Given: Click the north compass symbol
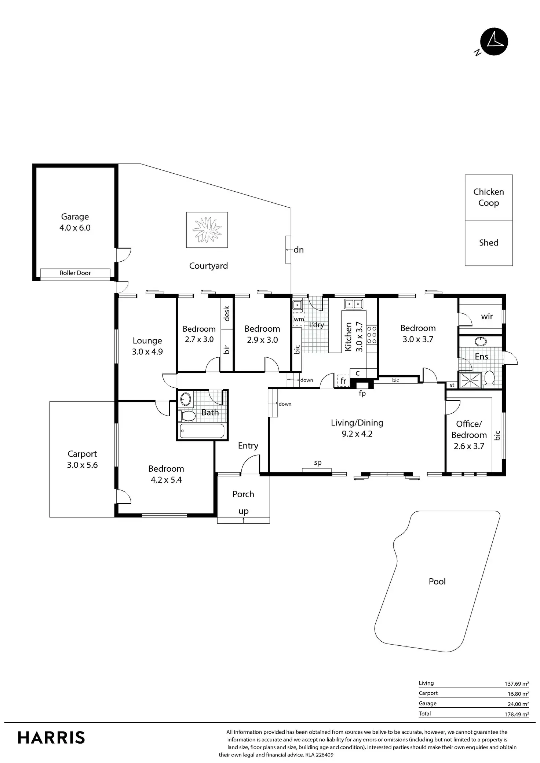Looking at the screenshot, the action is pos(494,42).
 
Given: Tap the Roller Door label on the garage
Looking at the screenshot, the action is pos(75,273).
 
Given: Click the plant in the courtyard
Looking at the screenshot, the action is pos(207,230).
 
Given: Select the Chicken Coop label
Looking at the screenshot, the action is pos(489,197).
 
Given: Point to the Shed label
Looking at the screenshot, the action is pos(489,243).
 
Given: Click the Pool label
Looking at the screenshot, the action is pos(437,581).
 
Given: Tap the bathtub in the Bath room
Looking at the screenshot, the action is pos(202,431).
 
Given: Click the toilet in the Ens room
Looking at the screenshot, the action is pos(489,379).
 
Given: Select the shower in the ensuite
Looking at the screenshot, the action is pos(470,380).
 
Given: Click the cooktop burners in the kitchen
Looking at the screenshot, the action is pos(372,335).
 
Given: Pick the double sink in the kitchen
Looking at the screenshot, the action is pos(353,304).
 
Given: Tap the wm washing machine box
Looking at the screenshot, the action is pos(299,319).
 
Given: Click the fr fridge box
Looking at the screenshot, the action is pos(343,381).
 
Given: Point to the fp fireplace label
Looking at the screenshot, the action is pos(362,394).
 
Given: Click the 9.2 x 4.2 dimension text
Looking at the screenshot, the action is pos(357,434).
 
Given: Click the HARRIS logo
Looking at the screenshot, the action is pos(51,737).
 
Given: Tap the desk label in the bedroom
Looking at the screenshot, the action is pos(226,314).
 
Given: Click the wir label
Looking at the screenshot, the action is pos(487,316).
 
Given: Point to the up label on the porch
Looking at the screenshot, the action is pos(244,512).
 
